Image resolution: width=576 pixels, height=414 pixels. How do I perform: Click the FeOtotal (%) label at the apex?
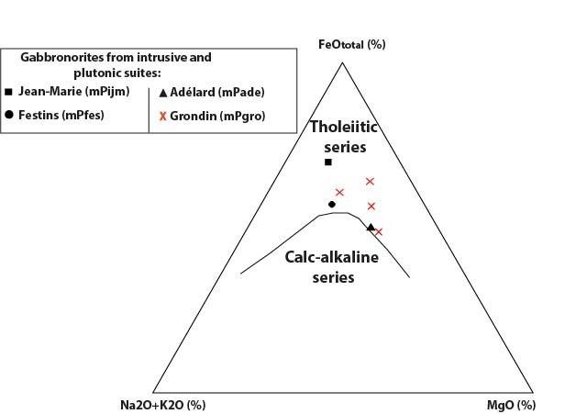point(351,44)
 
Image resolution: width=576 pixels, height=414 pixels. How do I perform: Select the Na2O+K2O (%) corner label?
point(163,405)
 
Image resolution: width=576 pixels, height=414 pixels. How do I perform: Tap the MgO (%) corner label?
point(511,405)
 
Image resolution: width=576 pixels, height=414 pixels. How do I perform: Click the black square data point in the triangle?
point(327,162)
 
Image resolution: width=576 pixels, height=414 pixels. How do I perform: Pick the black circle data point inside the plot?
point(332,204)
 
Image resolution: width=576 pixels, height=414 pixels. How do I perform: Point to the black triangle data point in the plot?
point(371,227)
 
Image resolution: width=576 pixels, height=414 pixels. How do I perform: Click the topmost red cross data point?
point(371,182)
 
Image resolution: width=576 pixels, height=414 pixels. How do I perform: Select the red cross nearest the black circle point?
point(339,192)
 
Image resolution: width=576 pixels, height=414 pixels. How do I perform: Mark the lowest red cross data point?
point(379,232)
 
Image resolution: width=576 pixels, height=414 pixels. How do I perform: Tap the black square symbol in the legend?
point(8,91)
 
